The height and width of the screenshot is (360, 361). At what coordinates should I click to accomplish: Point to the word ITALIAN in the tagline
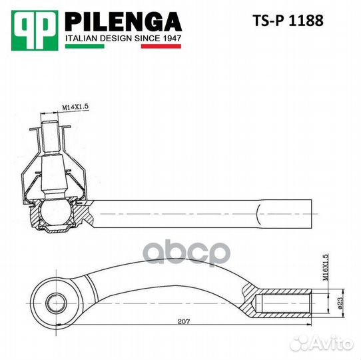coord(81,39)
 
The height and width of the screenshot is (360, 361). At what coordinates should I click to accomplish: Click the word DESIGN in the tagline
coord(115,39)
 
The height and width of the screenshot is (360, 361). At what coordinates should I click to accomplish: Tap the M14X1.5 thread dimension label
coord(76,107)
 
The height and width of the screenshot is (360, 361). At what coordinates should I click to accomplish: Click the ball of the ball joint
coord(53,214)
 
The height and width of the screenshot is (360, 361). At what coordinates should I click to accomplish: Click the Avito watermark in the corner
coord(334,343)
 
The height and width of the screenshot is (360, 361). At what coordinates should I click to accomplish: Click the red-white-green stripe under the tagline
coord(123,47)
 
